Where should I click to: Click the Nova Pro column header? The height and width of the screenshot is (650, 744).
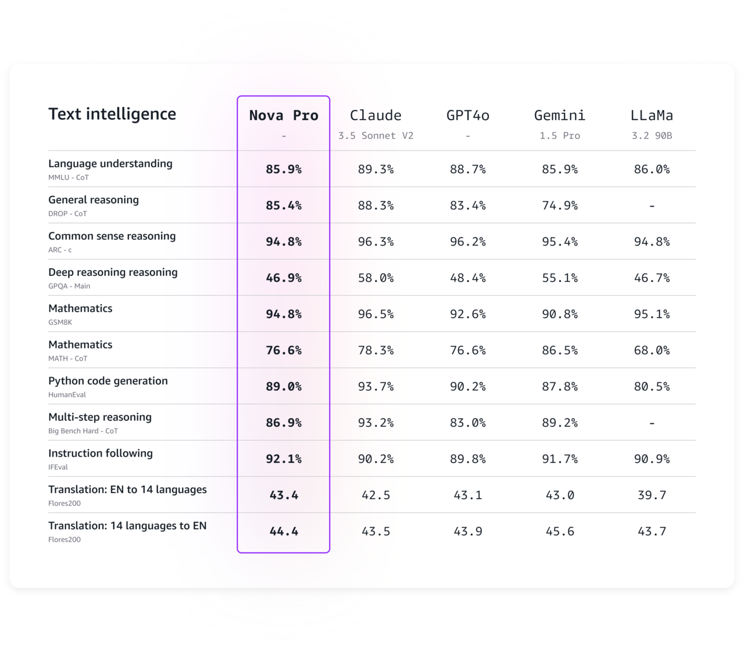tap(284, 116)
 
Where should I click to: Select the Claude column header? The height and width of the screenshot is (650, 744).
tap(375, 116)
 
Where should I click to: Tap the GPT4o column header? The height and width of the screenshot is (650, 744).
tap(468, 116)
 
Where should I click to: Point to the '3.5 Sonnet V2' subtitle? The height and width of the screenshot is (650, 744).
tap(375, 136)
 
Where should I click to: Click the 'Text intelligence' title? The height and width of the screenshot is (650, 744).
tap(112, 114)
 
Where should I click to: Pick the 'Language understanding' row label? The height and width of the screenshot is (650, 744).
tap(110, 164)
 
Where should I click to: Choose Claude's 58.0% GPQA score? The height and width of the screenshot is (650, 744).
tap(375, 278)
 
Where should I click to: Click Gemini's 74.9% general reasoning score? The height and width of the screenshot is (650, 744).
tap(560, 206)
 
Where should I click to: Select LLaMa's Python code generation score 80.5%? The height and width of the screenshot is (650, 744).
tap(652, 387)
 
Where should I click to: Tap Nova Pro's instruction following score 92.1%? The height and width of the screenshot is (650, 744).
tap(284, 459)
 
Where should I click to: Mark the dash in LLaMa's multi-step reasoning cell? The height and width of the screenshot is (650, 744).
tap(652, 423)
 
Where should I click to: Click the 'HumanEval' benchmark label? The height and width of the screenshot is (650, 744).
tap(67, 395)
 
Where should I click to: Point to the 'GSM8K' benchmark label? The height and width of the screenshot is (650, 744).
tap(60, 322)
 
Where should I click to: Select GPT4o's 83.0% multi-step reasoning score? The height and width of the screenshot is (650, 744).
tap(468, 423)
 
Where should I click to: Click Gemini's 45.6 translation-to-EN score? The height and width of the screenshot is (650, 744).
tap(560, 532)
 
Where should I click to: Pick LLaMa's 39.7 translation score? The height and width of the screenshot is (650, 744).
tap(652, 495)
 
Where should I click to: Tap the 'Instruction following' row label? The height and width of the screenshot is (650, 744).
tap(101, 454)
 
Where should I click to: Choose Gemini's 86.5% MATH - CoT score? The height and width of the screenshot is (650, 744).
tap(560, 351)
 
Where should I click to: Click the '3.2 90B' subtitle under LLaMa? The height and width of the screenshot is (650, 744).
tap(652, 136)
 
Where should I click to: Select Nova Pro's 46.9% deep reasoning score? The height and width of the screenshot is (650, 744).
tap(284, 278)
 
